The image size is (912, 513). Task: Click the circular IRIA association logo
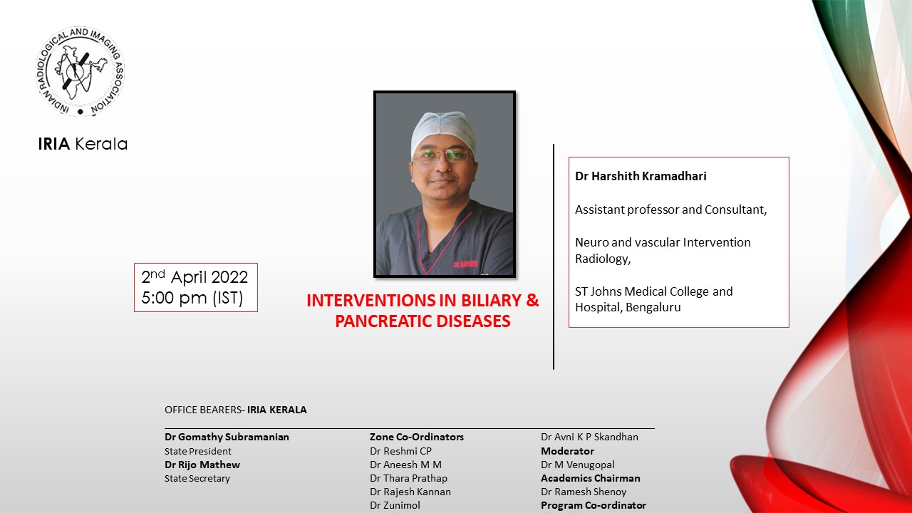80,72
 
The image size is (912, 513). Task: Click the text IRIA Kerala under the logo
83,144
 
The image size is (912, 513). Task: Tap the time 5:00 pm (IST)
192,299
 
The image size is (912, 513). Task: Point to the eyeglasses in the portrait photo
442,155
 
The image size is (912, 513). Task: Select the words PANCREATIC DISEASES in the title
423,321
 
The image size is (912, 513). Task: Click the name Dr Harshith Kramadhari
641,176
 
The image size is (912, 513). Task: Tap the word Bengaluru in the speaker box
653,308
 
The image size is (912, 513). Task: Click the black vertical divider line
554,256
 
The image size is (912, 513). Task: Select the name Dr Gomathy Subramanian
227,437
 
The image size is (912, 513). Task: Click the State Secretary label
197,478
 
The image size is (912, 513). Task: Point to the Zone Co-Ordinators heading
416,437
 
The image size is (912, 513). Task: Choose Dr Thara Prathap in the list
408,478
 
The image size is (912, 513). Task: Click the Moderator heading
567,451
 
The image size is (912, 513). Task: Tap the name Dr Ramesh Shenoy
584,492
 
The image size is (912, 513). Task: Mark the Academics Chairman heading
590,478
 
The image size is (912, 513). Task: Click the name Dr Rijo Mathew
202,465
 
